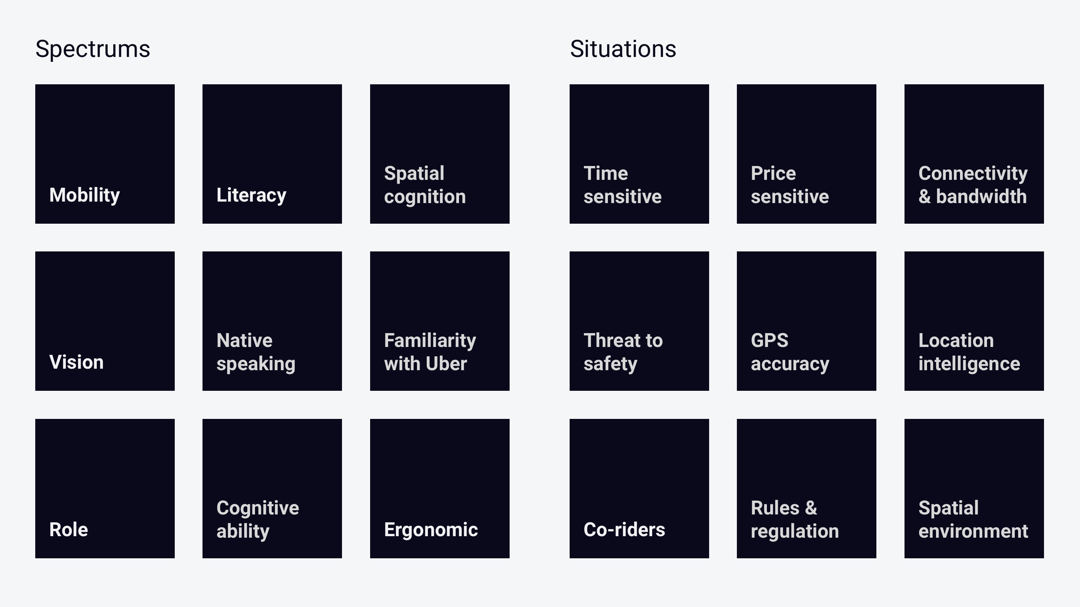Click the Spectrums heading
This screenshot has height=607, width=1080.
[x=93, y=49]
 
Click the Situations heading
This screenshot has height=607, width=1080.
[x=623, y=49]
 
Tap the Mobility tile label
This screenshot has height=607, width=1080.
[x=85, y=195]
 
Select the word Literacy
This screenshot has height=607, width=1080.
[x=252, y=195]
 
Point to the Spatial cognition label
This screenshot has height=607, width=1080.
[x=425, y=185]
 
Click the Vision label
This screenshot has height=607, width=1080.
[x=76, y=362]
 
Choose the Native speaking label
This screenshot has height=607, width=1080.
[x=256, y=352]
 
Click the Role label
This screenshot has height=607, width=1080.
[x=69, y=529]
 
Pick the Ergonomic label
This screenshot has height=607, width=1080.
[x=431, y=530]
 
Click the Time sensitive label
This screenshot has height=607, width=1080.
[x=622, y=185]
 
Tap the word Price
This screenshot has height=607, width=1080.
[x=773, y=173]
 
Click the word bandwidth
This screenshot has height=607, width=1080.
[x=981, y=196]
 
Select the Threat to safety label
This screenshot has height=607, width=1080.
[x=623, y=352]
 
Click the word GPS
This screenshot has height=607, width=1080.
[x=770, y=341]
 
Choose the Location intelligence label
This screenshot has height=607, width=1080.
[x=969, y=352]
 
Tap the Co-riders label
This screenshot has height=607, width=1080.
[x=624, y=529]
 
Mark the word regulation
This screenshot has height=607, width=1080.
[x=795, y=532]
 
